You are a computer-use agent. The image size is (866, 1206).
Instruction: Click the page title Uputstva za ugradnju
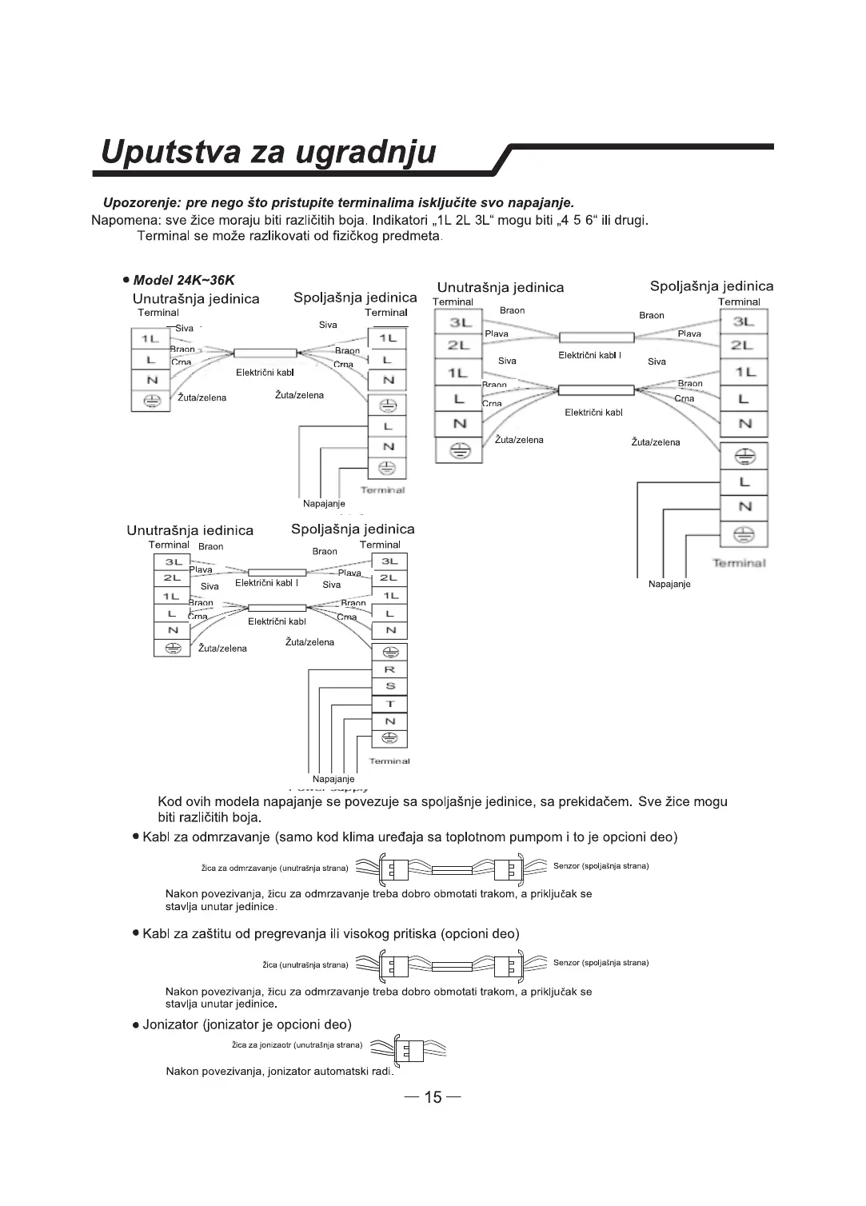[269, 152]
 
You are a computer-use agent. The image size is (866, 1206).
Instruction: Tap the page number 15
[433, 1096]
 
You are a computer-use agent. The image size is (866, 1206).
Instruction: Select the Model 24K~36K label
[184, 280]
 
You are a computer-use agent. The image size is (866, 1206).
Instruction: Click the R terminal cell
[389, 669]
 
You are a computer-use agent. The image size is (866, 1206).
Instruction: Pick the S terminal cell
[389, 686]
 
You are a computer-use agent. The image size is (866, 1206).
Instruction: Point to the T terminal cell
[389, 704]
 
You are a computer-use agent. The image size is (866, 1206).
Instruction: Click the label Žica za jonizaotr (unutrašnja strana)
[297, 1044]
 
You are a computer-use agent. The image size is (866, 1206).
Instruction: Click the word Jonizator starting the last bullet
[170, 1024]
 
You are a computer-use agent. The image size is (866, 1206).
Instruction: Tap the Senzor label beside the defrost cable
[601, 866]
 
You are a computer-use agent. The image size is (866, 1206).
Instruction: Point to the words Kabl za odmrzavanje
[206, 837]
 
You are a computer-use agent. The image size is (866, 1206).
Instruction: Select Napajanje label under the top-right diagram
[669, 584]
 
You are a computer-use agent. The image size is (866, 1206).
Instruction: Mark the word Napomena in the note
[122, 220]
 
